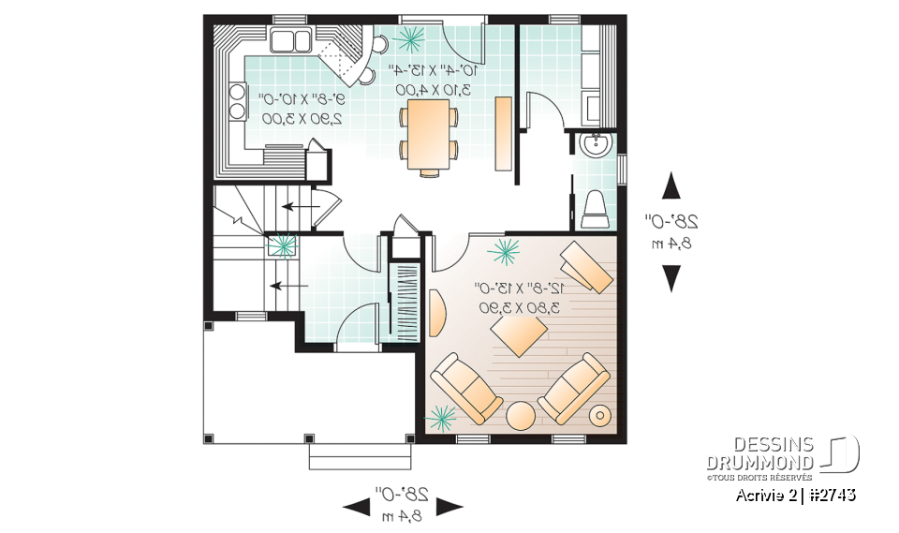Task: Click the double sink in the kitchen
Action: (x=290, y=40)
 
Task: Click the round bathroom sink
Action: (x=594, y=145)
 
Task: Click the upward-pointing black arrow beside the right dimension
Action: (x=671, y=186)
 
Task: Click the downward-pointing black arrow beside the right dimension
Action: (x=671, y=278)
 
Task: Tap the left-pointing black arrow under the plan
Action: (x=356, y=507)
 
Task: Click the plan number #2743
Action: (x=833, y=495)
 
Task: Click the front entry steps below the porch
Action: (x=360, y=456)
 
